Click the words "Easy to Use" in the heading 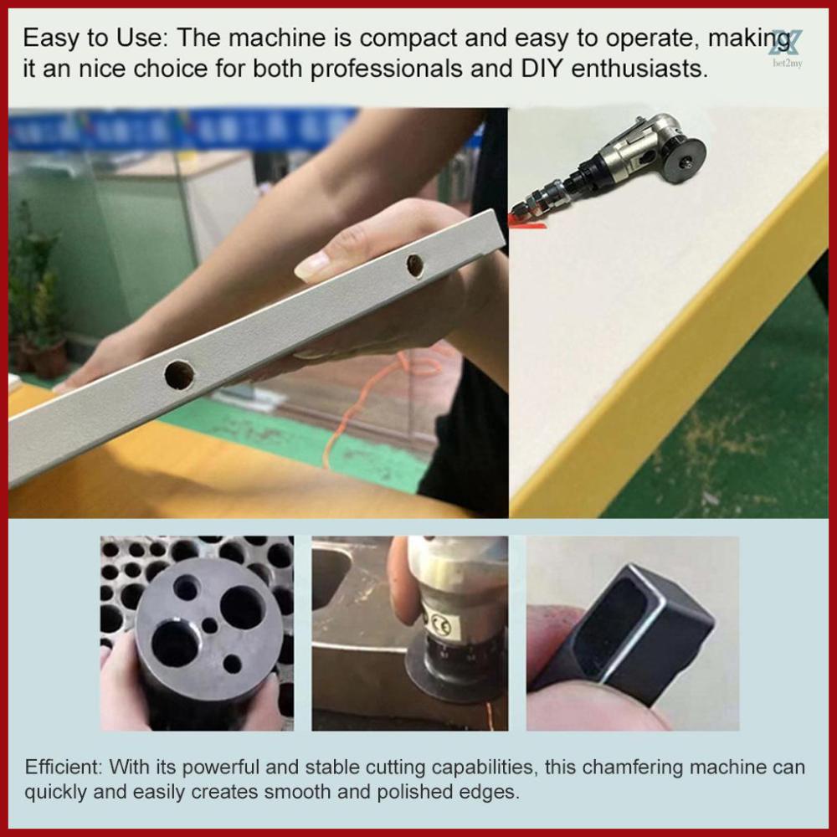pos(91,39)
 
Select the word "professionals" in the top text pos(382,68)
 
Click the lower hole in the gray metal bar pos(178,374)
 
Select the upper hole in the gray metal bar pos(414,265)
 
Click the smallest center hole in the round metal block pos(209,625)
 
